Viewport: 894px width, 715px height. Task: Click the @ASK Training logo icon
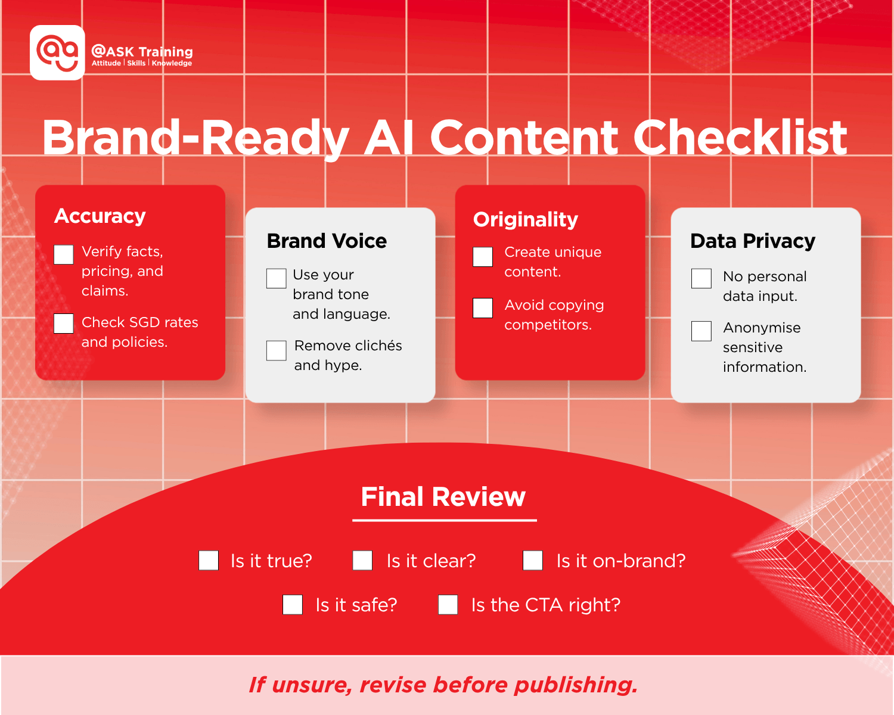click(57, 52)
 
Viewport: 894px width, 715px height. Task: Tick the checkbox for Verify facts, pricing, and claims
click(64, 254)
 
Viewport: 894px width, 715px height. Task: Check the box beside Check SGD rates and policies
click(64, 324)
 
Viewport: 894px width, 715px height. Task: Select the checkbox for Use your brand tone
click(277, 278)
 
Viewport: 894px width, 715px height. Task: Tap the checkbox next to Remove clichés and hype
click(277, 350)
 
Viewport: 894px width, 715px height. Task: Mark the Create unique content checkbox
click(483, 257)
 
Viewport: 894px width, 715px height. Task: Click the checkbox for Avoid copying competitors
click(483, 308)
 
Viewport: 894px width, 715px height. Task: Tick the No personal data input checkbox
click(701, 278)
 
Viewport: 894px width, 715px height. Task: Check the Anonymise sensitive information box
click(701, 331)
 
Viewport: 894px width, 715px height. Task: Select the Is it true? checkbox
click(209, 561)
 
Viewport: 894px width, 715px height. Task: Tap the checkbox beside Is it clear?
click(362, 561)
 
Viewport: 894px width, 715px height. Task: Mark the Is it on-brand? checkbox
click(533, 561)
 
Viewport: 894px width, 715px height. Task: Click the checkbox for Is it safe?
click(293, 605)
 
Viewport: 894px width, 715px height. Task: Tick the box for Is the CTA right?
click(448, 605)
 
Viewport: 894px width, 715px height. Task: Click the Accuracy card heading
click(100, 216)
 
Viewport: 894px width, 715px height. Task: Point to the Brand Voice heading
click(327, 241)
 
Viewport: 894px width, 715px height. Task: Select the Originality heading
click(526, 219)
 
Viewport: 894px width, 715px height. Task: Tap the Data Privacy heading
click(753, 241)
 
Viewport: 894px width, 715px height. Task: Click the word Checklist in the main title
click(740, 138)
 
